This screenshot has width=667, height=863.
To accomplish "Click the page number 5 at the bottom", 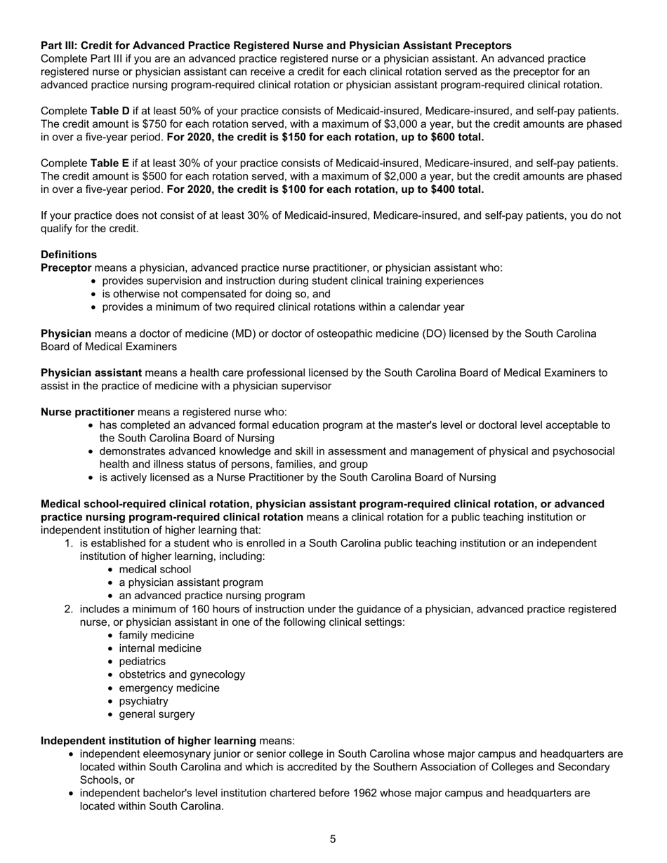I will pyautogui.click(x=333, y=839).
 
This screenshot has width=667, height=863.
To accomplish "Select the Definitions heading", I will pyautogui.click(x=69, y=255).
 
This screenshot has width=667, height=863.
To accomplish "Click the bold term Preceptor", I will pyautogui.click(x=66, y=268).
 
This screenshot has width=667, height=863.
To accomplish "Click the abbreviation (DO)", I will pyautogui.click(x=430, y=333).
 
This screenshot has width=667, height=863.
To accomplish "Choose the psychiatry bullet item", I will pyautogui.click(x=143, y=701).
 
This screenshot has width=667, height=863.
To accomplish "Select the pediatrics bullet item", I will pyautogui.click(x=143, y=662).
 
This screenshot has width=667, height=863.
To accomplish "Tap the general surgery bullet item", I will pyautogui.click(x=157, y=714).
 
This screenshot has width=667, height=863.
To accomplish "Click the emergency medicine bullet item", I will pyautogui.click(x=169, y=688).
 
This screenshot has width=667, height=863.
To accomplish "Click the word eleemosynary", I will pyautogui.click(x=176, y=754).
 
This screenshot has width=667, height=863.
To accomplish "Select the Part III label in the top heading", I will pyautogui.click(x=59, y=46).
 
